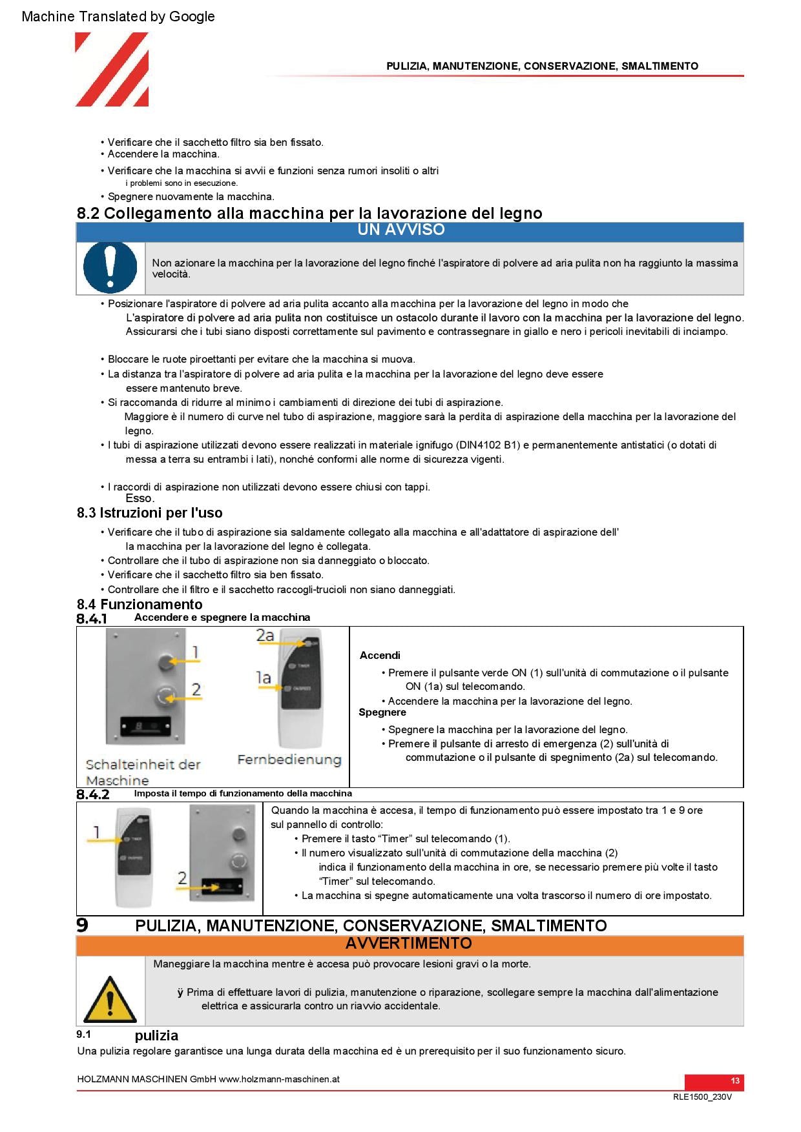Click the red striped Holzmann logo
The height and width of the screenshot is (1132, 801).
[x=112, y=70]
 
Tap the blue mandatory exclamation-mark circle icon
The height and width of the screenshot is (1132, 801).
[x=110, y=268]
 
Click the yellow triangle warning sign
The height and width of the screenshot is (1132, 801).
[x=110, y=999]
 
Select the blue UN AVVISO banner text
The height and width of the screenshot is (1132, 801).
[x=400, y=230]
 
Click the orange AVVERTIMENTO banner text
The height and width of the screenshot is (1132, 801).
[x=408, y=944]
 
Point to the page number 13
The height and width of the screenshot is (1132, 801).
[x=734, y=1081]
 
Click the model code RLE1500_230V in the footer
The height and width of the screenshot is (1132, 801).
[x=702, y=1097]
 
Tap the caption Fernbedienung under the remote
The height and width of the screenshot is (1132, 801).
[x=289, y=760]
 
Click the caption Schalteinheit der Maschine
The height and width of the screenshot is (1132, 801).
[x=143, y=772]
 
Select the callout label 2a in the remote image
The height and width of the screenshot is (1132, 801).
[x=265, y=636]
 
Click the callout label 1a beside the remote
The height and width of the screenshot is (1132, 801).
[x=263, y=678]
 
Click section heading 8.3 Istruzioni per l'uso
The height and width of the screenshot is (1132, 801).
[x=149, y=513]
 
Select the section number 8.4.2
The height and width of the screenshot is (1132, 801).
[x=93, y=794]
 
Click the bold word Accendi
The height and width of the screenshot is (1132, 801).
[x=380, y=656]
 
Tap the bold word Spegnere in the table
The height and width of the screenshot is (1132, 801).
[x=382, y=713]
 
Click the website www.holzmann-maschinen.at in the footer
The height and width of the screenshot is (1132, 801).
[x=279, y=1079]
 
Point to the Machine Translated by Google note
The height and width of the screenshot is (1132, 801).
[x=118, y=17]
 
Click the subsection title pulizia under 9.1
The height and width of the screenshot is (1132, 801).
[x=156, y=1036]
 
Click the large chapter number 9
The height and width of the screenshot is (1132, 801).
[x=82, y=925]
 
